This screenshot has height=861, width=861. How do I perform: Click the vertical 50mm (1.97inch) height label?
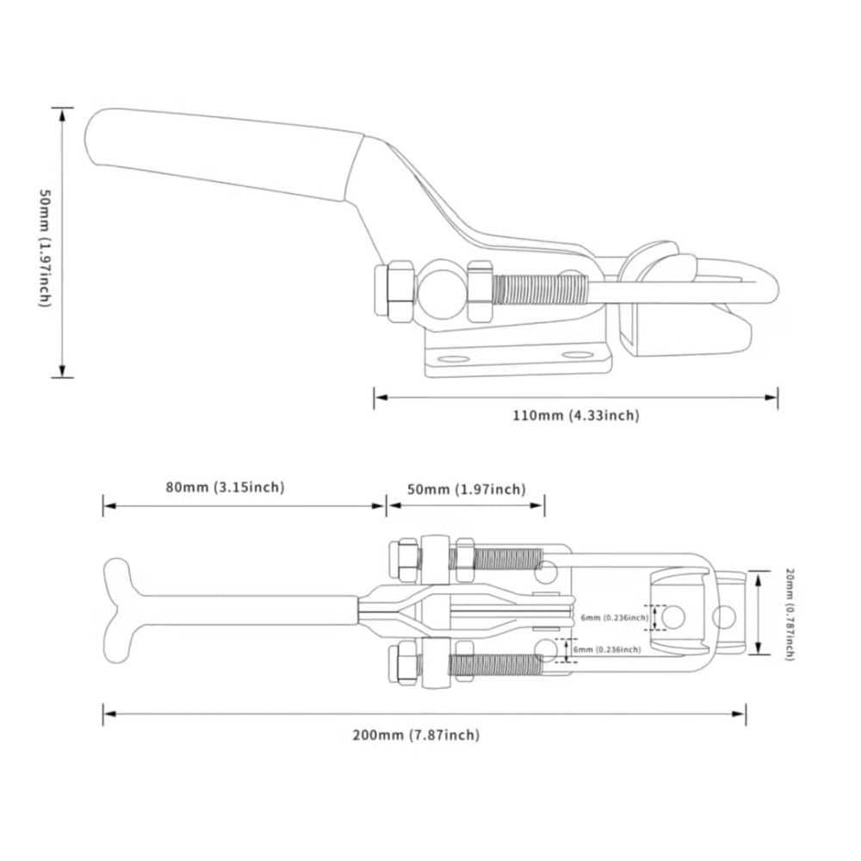pyautogui.click(x=45, y=244)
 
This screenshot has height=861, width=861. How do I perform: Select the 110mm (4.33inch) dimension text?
pyautogui.click(x=576, y=416)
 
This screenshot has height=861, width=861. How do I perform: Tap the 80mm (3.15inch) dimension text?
pyautogui.click(x=225, y=487)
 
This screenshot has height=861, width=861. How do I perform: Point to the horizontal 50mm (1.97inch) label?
pyautogui.click(x=466, y=489)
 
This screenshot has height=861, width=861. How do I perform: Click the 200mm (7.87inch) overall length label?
pyautogui.click(x=416, y=734)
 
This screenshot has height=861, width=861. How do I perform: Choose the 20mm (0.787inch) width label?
pyautogui.click(x=788, y=613)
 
